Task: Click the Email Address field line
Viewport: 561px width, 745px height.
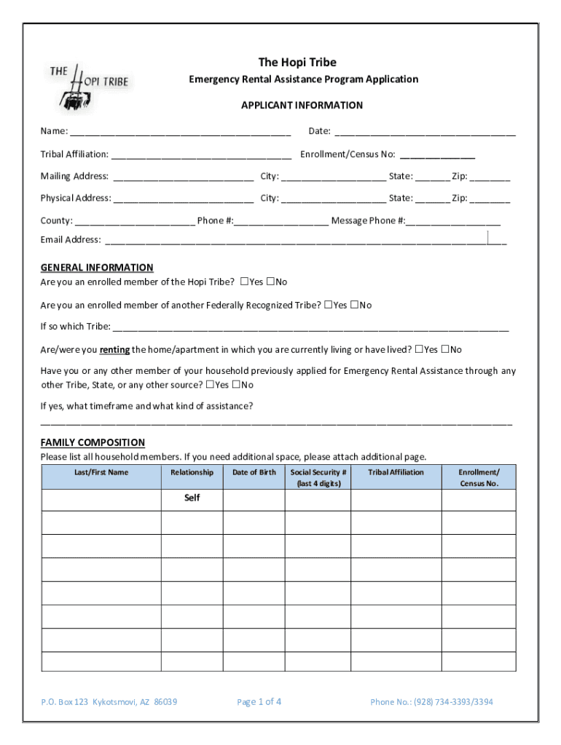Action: pyautogui.click(x=306, y=241)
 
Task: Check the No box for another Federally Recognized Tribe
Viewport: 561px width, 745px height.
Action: pyautogui.click(x=355, y=305)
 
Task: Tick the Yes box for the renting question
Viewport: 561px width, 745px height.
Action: pyautogui.click(x=420, y=349)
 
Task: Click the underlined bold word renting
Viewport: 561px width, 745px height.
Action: pyautogui.click(x=114, y=349)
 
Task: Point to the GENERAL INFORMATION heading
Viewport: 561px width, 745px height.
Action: pyautogui.click(x=97, y=267)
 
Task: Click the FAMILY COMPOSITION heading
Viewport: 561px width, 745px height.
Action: pyautogui.click(x=93, y=442)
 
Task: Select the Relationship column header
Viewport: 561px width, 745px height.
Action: pyautogui.click(x=192, y=472)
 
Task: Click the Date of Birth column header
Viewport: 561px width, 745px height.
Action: pyautogui.click(x=254, y=472)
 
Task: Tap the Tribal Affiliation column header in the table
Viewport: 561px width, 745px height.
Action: pyautogui.click(x=396, y=472)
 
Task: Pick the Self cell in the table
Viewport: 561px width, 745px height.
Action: pyautogui.click(x=192, y=498)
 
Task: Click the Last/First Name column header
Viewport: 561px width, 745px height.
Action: pyautogui.click(x=101, y=472)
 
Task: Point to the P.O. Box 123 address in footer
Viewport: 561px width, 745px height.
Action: pyautogui.click(x=109, y=702)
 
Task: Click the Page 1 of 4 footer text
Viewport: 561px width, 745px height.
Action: pyautogui.click(x=259, y=702)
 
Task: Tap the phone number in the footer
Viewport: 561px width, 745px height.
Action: pyautogui.click(x=431, y=702)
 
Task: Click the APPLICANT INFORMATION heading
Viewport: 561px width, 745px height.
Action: pyautogui.click(x=302, y=105)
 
